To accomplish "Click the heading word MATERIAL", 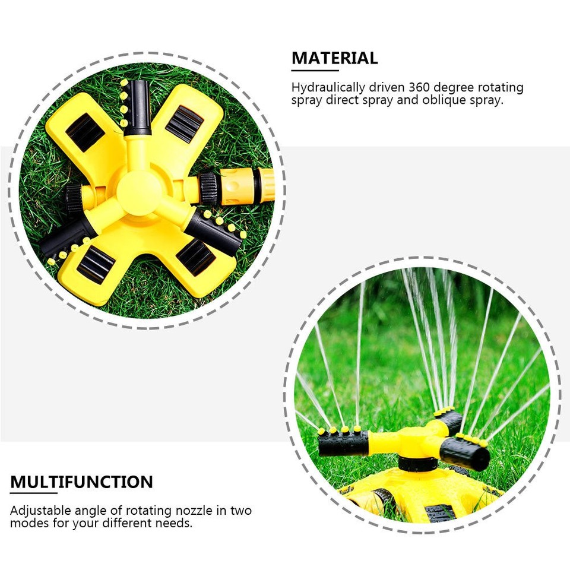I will [334, 58].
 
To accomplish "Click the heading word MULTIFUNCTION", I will [81, 482].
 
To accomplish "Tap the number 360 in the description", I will [422, 88].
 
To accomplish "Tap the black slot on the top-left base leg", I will [85, 132].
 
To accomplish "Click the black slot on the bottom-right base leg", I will [195, 256].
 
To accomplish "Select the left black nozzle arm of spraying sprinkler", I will [343, 443].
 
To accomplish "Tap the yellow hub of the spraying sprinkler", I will [416, 442].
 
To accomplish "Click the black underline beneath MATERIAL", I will [314, 70].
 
